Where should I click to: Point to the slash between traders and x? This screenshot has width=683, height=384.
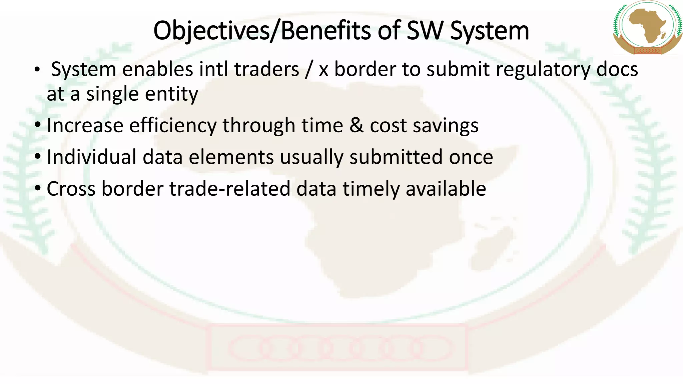[x=309, y=70]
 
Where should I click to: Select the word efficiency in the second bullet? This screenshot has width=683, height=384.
[x=173, y=126]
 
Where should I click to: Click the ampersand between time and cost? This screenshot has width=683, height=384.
[x=357, y=126]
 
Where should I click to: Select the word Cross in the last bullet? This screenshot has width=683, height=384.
[x=71, y=189]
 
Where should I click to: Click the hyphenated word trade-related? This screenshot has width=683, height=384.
[x=230, y=189]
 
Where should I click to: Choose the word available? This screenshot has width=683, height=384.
[x=446, y=189]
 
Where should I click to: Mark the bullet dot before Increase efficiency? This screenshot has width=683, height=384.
[x=38, y=125]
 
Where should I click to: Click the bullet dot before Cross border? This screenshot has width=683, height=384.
[x=38, y=188]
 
